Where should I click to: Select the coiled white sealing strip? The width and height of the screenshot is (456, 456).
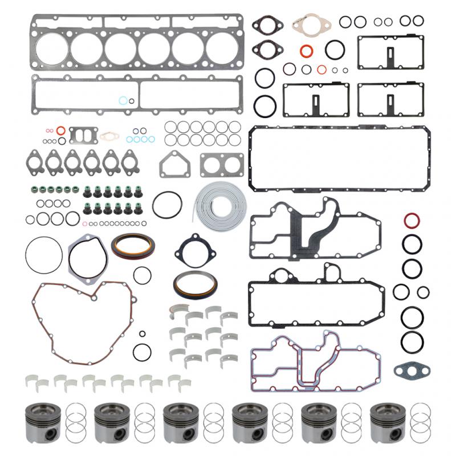[220, 205]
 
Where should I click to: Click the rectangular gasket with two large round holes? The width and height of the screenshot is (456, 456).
[221, 165]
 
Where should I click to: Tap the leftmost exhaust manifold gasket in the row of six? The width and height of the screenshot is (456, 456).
[35, 161]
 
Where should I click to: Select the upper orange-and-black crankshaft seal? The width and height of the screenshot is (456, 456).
[132, 247]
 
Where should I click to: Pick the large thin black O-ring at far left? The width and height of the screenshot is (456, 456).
[43, 255]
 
